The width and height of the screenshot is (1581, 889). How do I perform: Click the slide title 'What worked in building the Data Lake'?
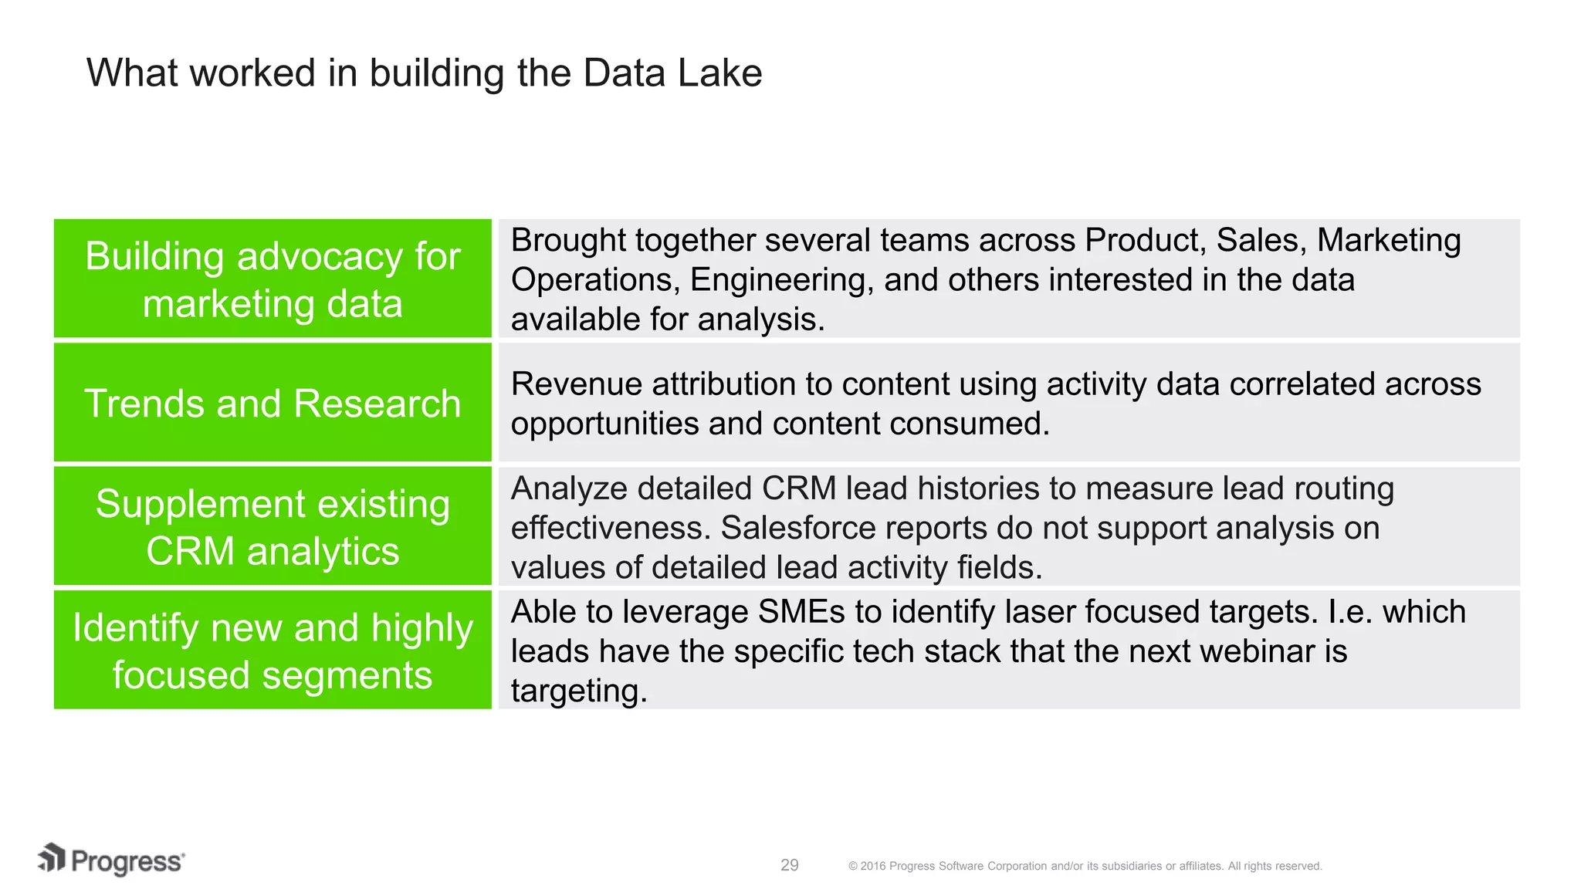(424, 73)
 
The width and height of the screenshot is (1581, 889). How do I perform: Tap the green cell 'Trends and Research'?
(273, 404)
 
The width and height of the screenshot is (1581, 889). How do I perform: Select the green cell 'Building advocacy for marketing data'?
(273, 279)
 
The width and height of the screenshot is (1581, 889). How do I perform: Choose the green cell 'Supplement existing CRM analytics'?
(273, 527)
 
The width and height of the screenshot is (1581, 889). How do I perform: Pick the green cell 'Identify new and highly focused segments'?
(273, 651)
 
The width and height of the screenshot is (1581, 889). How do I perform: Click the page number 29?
(789, 865)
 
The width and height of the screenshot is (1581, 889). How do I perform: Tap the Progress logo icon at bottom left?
(52, 858)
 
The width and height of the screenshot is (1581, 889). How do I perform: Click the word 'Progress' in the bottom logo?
(127, 862)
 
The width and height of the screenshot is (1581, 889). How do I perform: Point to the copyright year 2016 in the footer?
(872, 867)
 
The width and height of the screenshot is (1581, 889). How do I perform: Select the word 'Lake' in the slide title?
(719, 73)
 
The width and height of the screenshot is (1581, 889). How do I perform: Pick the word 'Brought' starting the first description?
(567, 241)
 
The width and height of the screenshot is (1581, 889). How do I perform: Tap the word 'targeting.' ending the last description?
(579, 691)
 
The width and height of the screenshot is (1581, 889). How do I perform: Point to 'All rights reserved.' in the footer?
(1275, 867)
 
